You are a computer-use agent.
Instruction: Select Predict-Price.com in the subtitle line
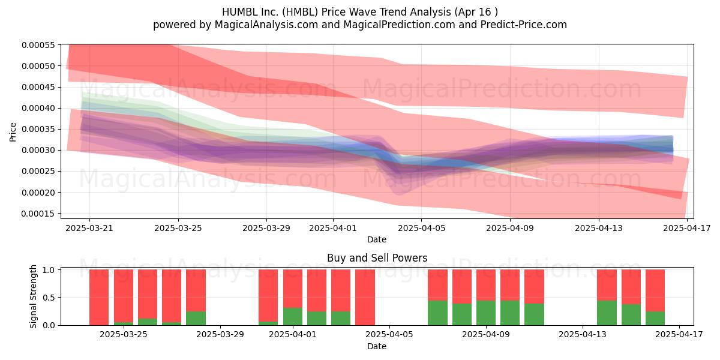pos(524,25)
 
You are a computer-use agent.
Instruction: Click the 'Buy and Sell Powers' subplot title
pos(377,258)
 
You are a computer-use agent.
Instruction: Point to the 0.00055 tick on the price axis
pos(38,45)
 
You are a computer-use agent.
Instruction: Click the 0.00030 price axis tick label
pos(38,150)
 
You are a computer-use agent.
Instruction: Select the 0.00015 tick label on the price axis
pos(38,214)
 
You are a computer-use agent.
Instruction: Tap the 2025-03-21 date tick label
pos(89,228)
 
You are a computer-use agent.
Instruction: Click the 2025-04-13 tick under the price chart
pos(599,228)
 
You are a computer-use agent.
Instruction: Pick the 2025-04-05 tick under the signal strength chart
pos(389,335)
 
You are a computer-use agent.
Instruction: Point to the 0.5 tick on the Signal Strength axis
pos(49,298)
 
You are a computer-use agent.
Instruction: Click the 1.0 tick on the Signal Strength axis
pos(49,269)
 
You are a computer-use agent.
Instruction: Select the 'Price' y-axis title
pos(13,132)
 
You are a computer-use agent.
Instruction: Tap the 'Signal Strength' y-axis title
pos(33,296)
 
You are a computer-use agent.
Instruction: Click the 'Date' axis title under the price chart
pos(377,239)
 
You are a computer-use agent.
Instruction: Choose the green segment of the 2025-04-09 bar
pos(486,313)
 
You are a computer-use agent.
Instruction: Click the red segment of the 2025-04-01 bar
pos(293,289)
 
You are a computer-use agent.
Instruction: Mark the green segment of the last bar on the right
pos(655,318)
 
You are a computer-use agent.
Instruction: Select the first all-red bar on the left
pos(99,298)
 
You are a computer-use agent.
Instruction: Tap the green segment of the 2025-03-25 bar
pos(124,323)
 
